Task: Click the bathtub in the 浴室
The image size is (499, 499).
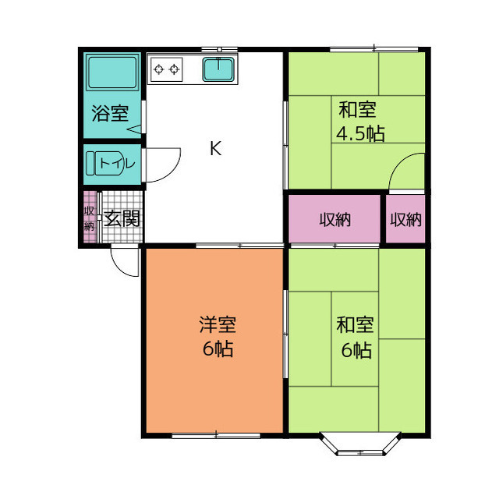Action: pyautogui.click(x=112, y=73)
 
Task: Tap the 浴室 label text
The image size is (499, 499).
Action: pyautogui.click(x=110, y=113)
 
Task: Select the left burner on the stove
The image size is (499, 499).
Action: pyautogui.click(x=158, y=69)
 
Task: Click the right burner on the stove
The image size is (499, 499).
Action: pyautogui.click(x=174, y=69)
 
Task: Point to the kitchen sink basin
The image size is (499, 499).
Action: pyautogui.click(x=218, y=69)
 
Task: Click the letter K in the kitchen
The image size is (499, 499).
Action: pyautogui.click(x=215, y=148)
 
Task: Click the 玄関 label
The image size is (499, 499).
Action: pyautogui.click(x=122, y=218)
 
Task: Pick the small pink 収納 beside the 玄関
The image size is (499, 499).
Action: pyautogui.click(x=90, y=217)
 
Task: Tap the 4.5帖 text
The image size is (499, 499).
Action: pyautogui.click(x=360, y=133)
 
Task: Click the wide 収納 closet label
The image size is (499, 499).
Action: pyautogui.click(x=335, y=220)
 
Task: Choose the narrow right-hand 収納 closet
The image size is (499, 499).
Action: pyautogui.click(x=405, y=218)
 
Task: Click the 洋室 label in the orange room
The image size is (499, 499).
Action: pyautogui.click(x=218, y=324)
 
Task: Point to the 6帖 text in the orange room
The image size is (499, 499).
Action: pyautogui.click(x=218, y=349)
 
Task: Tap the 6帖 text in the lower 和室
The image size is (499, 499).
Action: pyautogui.click(x=356, y=350)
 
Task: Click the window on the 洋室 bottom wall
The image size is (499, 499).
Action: pyautogui.click(x=216, y=436)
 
